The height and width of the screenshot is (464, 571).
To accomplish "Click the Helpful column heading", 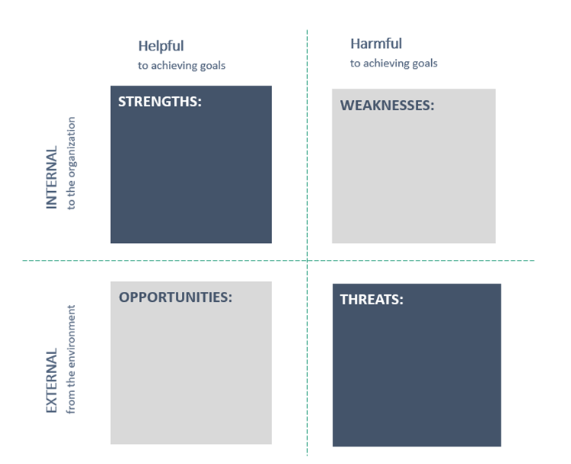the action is pyautogui.click(x=161, y=47).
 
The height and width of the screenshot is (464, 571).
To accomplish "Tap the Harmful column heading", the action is pyautogui.click(x=376, y=44).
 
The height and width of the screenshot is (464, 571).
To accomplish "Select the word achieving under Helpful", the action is pyautogui.click(x=174, y=66).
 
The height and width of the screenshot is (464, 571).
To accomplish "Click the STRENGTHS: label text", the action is pyautogui.click(x=160, y=102).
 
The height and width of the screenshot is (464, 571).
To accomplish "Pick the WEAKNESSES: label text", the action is pyautogui.click(x=387, y=105).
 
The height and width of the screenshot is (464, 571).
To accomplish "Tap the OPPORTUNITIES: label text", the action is pyautogui.click(x=176, y=297).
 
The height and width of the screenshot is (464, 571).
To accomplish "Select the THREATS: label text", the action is pyautogui.click(x=371, y=300).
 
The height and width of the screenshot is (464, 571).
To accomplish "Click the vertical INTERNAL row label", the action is pyautogui.click(x=51, y=177).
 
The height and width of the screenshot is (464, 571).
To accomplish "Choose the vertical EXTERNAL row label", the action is pyautogui.click(x=51, y=381).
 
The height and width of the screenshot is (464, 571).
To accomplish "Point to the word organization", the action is pyautogui.click(x=71, y=147).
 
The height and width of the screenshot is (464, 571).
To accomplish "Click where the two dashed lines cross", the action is pyautogui.click(x=307, y=261).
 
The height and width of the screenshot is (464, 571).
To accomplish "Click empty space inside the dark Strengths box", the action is pyautogui.click(x=191, y=175).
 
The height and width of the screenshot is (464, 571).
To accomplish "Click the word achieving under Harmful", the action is pyautogui.click(x=386, y=63).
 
